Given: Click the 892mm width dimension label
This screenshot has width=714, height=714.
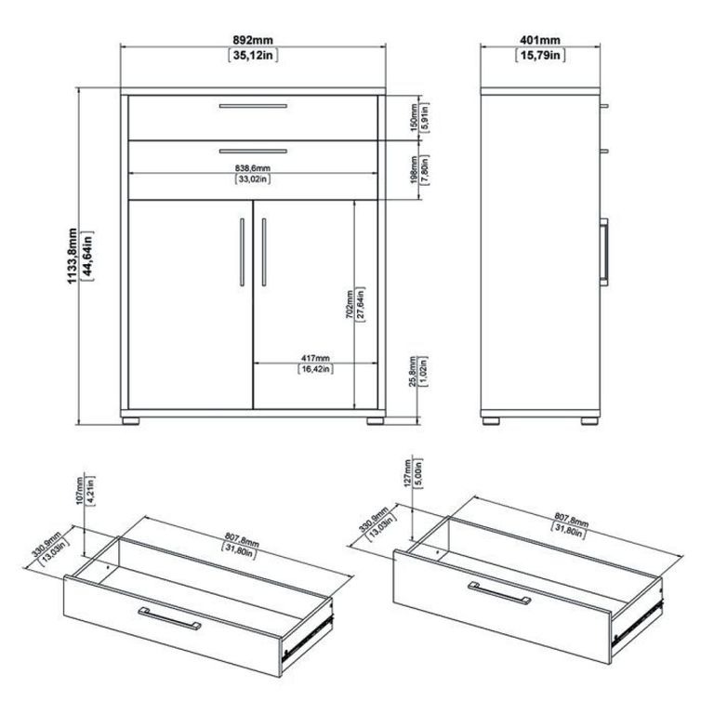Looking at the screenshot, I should (254, 41).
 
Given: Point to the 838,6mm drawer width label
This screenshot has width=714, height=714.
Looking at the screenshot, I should (252, 167).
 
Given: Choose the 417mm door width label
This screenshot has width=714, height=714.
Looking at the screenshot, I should (314, 357).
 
